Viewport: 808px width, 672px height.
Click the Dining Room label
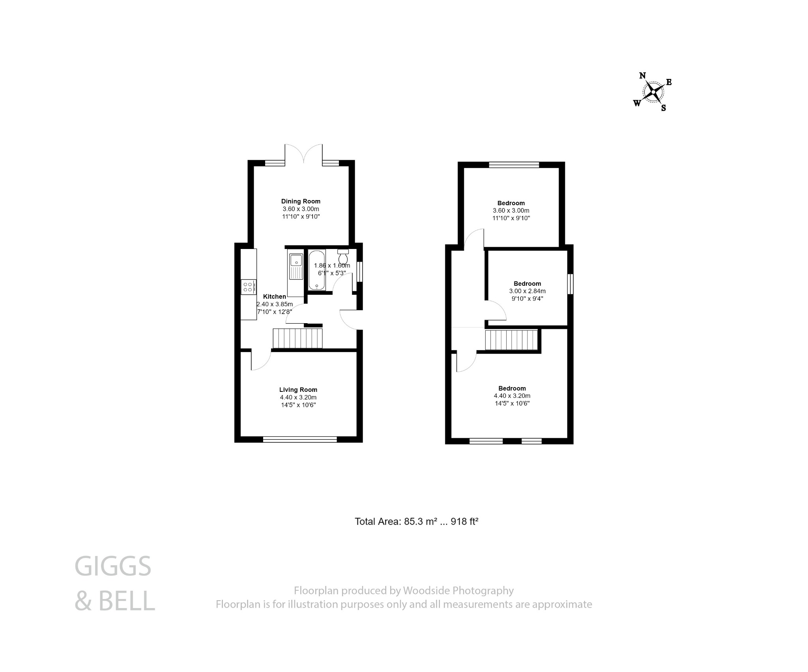tap(301, 201)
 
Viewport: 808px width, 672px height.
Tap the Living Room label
tap(298, 390)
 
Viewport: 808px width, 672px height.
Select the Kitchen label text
tap(275, 297)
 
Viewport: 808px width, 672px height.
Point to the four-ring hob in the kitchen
tap(249, 287)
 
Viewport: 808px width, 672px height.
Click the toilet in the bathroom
tap(343, 257)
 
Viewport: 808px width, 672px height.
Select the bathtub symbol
tap(316, 270)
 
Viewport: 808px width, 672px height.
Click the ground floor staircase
tap(298, 339)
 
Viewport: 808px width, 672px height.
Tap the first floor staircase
tap(511, 340)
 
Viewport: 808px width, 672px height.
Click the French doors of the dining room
tap(304, 155)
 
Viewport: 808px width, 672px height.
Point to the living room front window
tap(300, 439)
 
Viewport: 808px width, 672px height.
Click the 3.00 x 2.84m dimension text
tap(527, 291)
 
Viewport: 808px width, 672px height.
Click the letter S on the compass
tap(664, 108)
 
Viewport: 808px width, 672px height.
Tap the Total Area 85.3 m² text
tap(416, 522)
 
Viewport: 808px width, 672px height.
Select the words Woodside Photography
tap(458, 591)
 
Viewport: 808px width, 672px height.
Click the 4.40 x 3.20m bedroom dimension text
tap(512, 396)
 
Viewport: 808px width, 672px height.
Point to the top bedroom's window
tap(514, 165)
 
